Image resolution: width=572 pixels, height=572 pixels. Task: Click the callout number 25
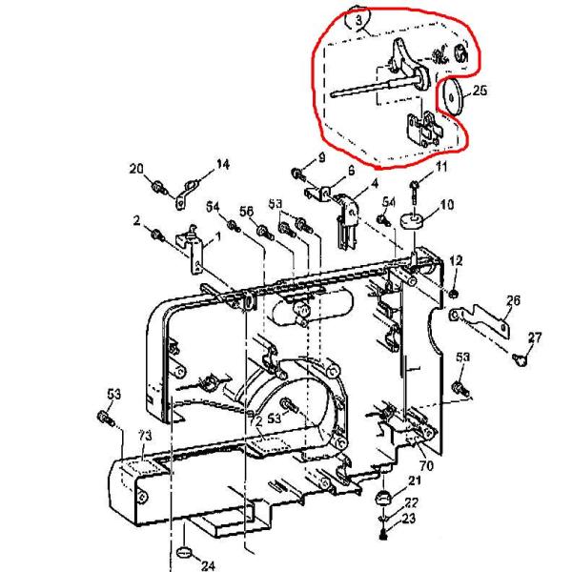coord(480,92)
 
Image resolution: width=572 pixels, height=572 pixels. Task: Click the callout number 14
coord(223,165)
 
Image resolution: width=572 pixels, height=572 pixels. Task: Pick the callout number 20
coord(135,168)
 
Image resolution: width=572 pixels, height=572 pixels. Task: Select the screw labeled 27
coord(521,358)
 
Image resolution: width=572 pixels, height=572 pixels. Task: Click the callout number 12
coord(456,260)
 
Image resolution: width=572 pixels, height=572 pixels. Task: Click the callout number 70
coord(426,466)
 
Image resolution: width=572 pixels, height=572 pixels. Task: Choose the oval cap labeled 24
coord(186,553)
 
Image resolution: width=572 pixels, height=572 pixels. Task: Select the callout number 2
coord(137,220)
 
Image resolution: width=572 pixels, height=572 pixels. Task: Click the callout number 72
coord(255,419)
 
